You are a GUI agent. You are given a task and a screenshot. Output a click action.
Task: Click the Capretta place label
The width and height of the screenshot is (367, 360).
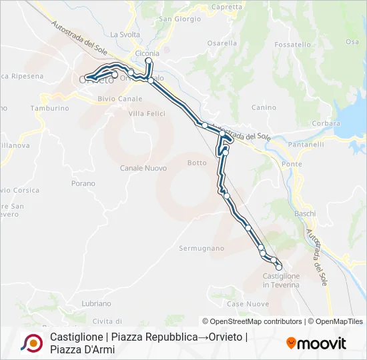tap(226, 7)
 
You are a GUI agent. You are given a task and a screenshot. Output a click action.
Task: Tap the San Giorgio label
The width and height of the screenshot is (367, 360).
tap(179, 19)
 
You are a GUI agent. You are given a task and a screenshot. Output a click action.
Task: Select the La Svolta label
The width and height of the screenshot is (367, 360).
tap(125, 35)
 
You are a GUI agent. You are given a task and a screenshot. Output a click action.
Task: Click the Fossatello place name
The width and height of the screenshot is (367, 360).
tap(292, 45)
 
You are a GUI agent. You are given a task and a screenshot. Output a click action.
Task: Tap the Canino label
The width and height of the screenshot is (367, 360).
tap(264, 107)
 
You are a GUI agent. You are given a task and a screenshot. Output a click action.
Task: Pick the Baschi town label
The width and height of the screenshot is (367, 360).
tap(306, 213)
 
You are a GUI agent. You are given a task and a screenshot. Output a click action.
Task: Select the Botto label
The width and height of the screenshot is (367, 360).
tap(197, 163)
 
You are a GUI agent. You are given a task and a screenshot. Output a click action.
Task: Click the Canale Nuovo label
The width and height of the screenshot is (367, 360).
tap(143, 168)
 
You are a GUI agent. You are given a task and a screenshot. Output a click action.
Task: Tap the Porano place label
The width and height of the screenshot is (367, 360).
tap(83, 183)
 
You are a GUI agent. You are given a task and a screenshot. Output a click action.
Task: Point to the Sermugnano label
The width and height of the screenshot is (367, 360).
tap(202, 248)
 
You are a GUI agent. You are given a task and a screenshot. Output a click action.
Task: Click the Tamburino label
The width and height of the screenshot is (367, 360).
tap(49, 108)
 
